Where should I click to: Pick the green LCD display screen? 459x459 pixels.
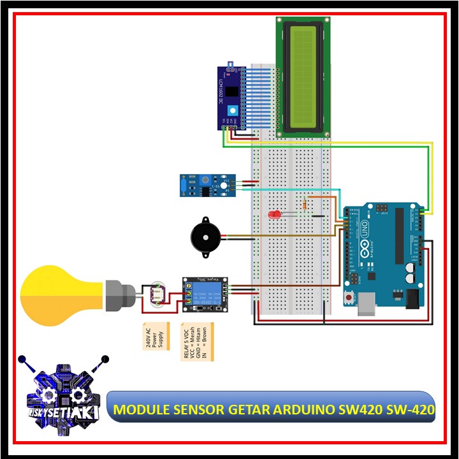tap(303, 75)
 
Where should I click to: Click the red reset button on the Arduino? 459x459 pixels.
tap(349, 298)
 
